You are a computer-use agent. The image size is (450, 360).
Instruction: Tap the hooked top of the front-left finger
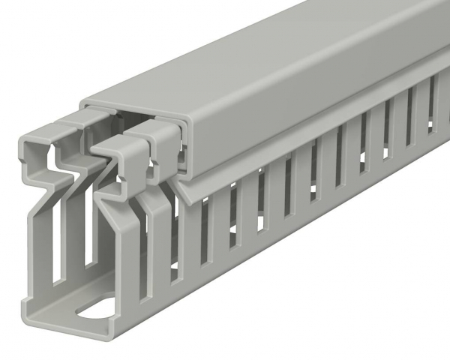click(x=37, y=142)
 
